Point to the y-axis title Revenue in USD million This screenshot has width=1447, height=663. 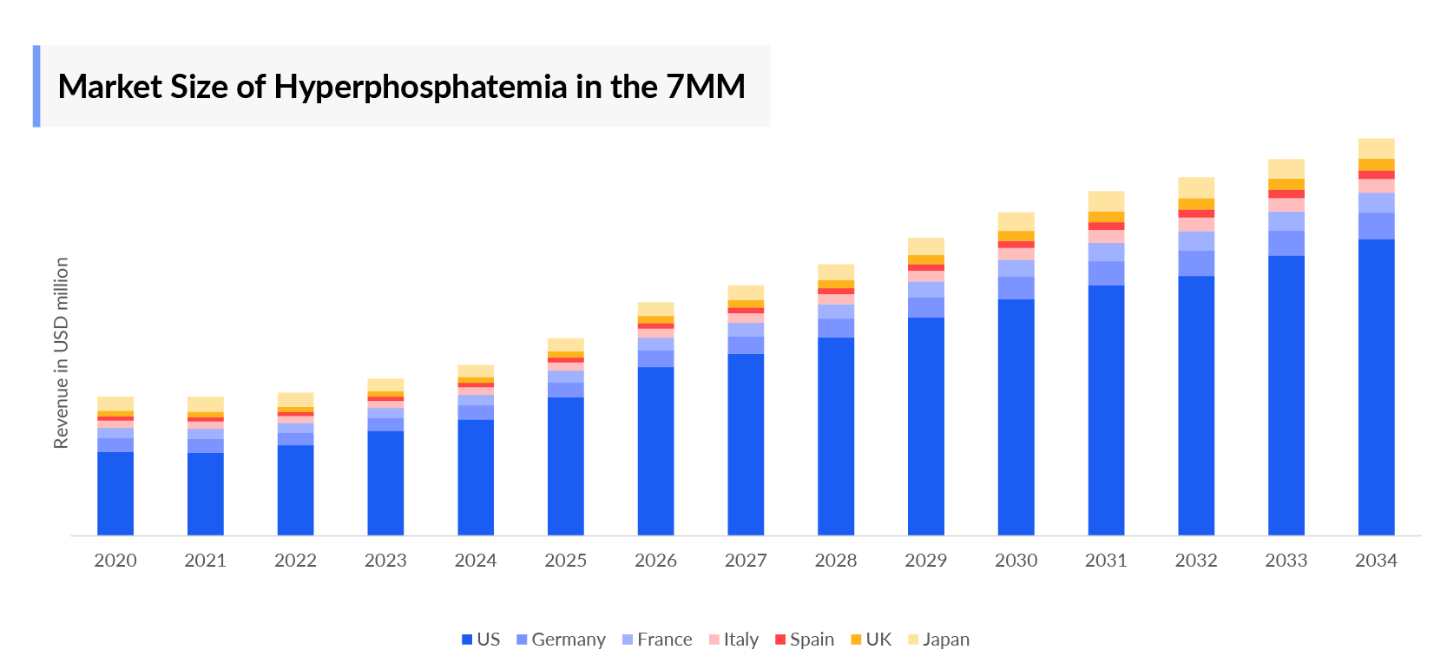(x=61, y=353)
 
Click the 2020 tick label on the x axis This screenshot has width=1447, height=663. (x=115, y=561)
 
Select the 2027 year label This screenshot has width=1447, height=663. (x=746, y=561)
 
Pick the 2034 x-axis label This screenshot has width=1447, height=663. (x=1376, y=561)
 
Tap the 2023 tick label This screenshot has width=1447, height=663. (x=385, y=561)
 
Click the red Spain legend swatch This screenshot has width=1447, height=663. (x=780, y=640)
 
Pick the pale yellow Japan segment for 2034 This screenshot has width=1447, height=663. (x=1376, y=148)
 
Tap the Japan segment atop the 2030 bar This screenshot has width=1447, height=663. (x=1016, y=221)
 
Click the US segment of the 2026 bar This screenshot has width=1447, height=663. (x=655, y=450)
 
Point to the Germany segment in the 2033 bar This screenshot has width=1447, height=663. (x=1286, y=243)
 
